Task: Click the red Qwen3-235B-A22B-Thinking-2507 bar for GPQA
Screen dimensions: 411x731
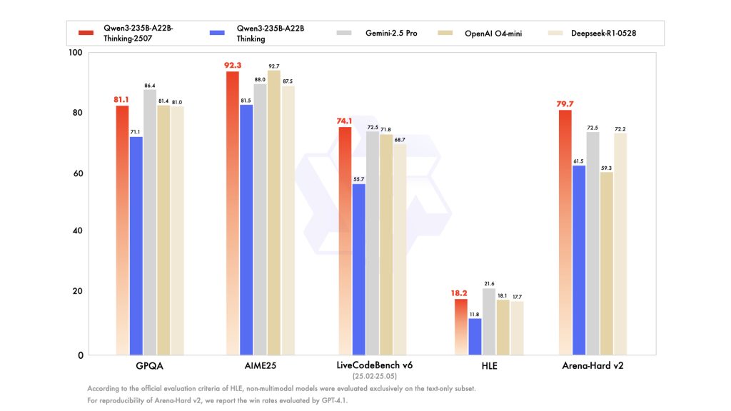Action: (x=122, y=228)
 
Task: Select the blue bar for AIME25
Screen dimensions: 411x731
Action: (x=246, y=228)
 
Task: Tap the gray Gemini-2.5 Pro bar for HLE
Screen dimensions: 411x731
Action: (x=489, y=321)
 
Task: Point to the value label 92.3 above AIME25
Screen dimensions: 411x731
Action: (x=233, y=65)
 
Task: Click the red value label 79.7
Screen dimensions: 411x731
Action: (x=565, y=103)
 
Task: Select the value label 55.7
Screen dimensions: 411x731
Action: (x=358, y=178)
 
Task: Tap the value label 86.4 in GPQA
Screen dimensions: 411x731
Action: (x=150, y=85)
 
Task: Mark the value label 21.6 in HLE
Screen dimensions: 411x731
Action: (x=489, y=283)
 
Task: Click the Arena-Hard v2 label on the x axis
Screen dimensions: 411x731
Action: (x=592, y=365)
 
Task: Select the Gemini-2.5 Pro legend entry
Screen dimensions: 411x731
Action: (x=378, y=33)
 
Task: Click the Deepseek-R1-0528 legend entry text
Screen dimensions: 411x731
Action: (x=606, y=33)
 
